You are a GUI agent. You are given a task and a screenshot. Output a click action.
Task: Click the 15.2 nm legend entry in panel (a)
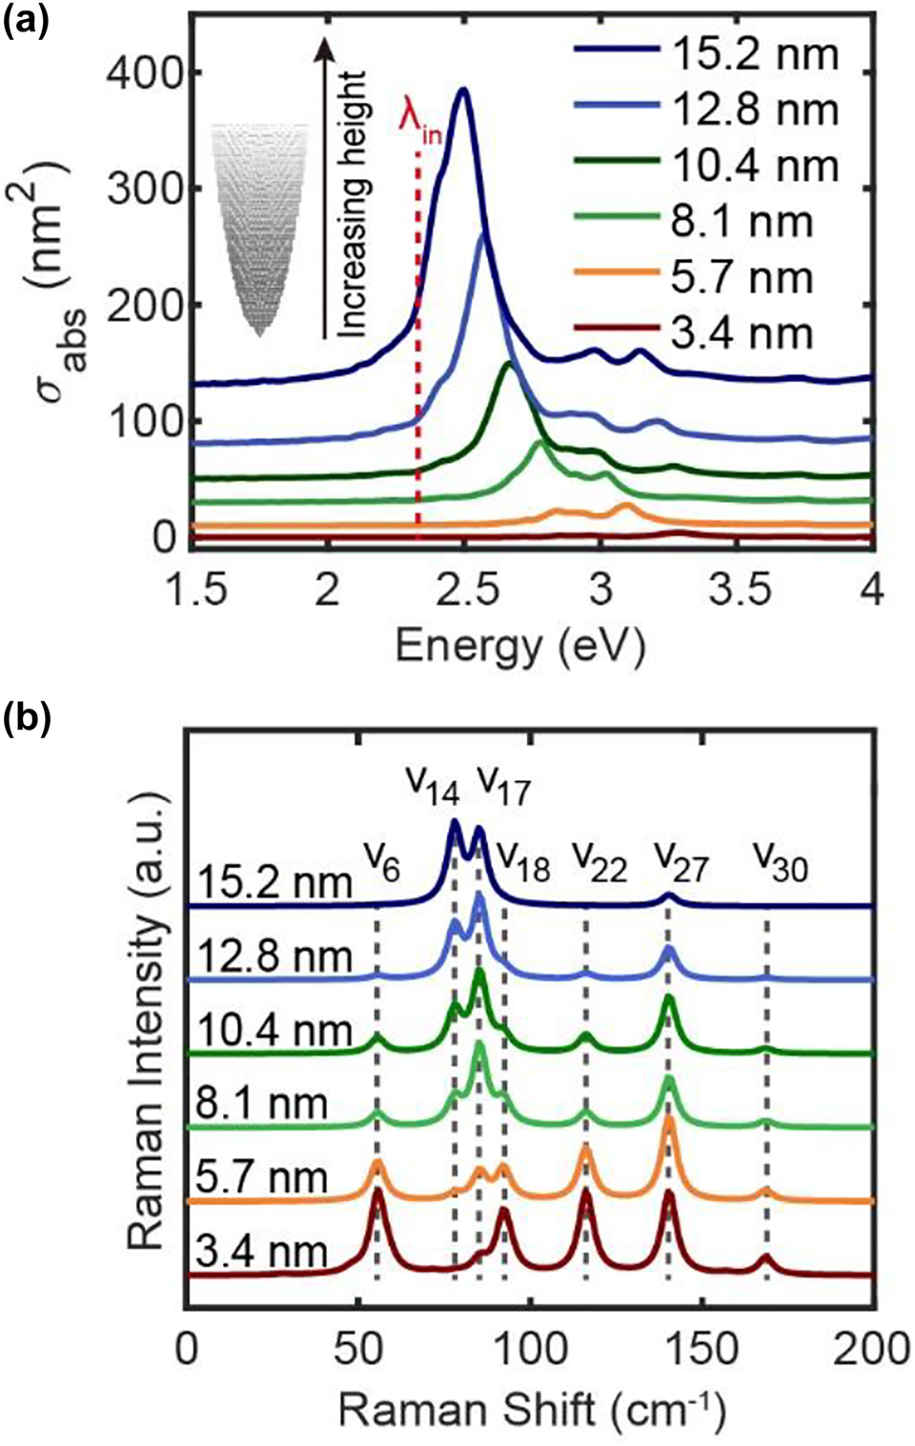[x=705, y=54]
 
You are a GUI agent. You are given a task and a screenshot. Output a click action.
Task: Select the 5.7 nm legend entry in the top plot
[x=705, y=278]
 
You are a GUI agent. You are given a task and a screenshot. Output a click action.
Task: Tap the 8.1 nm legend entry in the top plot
[x=705, y=222]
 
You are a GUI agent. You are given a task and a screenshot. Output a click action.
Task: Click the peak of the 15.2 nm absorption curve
[x=464, y=90]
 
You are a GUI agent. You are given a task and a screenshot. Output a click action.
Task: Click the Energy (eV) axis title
[x=520, y=647]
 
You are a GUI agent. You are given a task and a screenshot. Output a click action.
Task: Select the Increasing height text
[x=354, y=204]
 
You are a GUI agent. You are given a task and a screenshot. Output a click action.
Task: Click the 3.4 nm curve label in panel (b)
[x=261, y=1253]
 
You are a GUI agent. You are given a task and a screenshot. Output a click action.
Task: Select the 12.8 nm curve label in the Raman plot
[x=271, y=955]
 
